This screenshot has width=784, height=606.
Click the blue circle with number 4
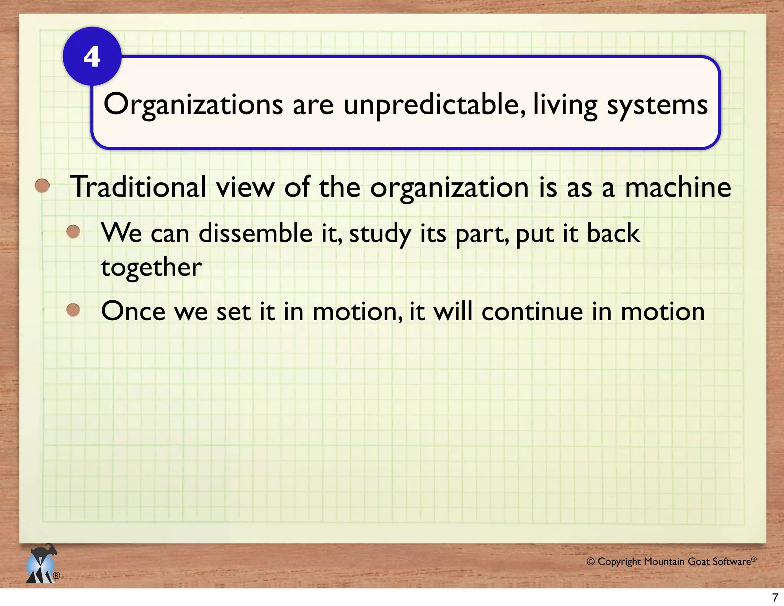coord(92,56)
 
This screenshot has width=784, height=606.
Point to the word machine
coord(678,187)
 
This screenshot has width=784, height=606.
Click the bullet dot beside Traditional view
coord(42,186)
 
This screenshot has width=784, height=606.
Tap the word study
coord(379,234)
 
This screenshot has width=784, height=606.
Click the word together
coord(151,267)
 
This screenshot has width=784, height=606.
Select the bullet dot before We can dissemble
coord(73,231)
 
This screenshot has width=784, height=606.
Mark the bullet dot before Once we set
coord(73,310)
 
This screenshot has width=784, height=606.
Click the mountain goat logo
coord(41,564)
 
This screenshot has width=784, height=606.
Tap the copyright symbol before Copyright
coord(590,562)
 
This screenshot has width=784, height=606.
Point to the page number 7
coord(775,597)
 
